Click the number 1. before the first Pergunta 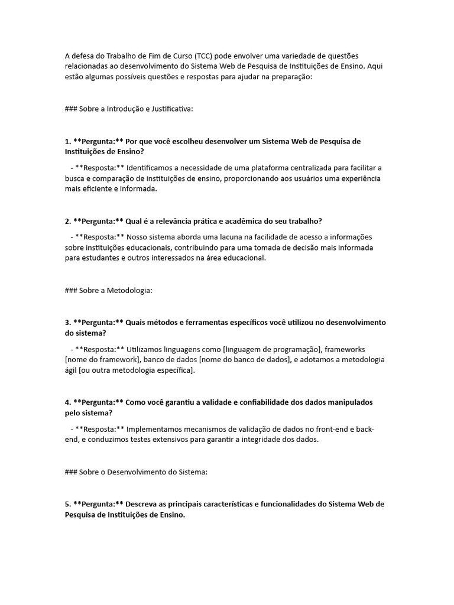[x=68, y=141]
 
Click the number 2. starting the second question [x=68, y=221]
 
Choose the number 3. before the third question [x=68, y=322]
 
